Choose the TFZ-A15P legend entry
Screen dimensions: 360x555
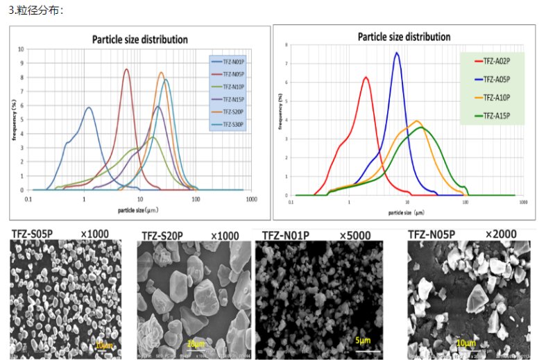495,112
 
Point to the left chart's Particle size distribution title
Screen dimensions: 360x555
140,40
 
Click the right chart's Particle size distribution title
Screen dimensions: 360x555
404,37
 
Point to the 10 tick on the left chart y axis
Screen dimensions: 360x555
21,49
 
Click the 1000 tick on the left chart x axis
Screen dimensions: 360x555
252,198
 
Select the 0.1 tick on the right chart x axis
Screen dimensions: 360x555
291,205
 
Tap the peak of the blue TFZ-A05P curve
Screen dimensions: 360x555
397,53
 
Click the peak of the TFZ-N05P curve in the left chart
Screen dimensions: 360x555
126,69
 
